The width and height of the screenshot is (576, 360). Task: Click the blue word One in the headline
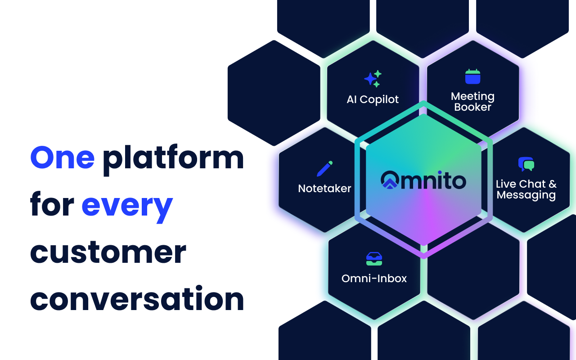pyautogui.click(x=62, y=158)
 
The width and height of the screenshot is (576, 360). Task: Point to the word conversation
pyautogui.click(x=137, y=299)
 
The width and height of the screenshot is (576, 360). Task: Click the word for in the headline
pyautogui.click(x=52, y=205)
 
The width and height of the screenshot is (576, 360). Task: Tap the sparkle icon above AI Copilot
pyautogui.click(x=373, y=79)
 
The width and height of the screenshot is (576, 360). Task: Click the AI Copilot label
pyautogui.click(x=373, y=99)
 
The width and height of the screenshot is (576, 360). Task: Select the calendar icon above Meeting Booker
pyautogui.click(x=472, y=76)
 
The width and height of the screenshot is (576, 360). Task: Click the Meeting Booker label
pyautogui.click(x=472, y=102)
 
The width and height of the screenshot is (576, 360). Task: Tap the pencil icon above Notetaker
pyautogui.click(x=324, y=168)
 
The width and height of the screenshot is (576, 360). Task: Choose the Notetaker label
pyautogui.click(x=324, y=189)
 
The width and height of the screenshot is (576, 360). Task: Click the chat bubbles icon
pyautogui.click(x=526, y=164)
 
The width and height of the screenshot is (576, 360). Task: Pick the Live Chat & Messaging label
pyautogui.click(x=526, y=189)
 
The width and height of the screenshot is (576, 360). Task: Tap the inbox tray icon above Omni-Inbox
pyautogui.click(x=374, y=258)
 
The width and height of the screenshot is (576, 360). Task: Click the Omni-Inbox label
pyautogui.click(x=374, y=279)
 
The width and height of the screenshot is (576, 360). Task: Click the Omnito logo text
pyautogui.click(x=423, y=181)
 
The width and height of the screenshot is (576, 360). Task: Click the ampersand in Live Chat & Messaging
pyautogui.click(x=553, y=184)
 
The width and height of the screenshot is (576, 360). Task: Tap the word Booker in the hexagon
pyautogui.click(x=472, y=107)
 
